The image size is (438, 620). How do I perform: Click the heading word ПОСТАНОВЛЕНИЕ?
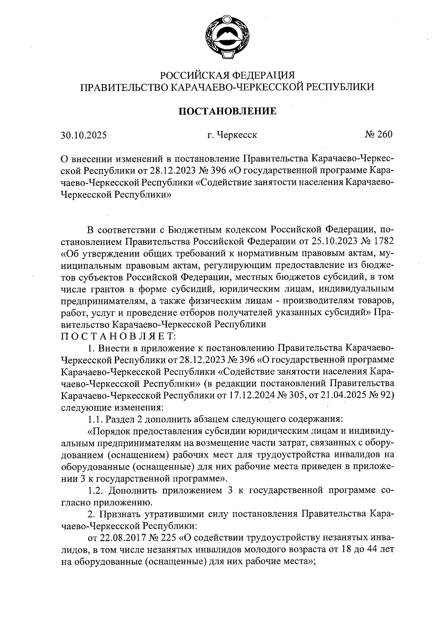click(x=227, y=111)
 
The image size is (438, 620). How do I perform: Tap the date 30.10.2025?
click(x=84, y=136)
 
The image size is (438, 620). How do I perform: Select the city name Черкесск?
click(x=237, y=135)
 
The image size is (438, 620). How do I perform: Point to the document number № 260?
click(x=378, y=134)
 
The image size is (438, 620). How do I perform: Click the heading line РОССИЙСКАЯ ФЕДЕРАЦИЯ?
click(x=227, y=75)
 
